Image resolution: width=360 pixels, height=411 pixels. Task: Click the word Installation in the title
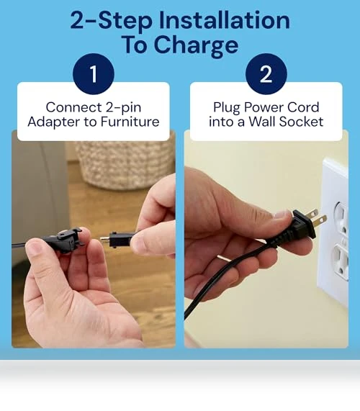224,20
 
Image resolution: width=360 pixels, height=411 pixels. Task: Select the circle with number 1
94,74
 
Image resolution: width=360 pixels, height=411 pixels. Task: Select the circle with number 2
266,74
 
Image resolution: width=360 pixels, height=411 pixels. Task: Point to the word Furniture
130,122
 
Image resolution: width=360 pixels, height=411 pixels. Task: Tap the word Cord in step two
303,107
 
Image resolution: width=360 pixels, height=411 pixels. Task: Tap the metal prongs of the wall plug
318,218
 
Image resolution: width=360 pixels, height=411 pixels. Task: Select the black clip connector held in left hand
63,239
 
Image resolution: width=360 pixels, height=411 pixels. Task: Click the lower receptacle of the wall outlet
341,261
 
